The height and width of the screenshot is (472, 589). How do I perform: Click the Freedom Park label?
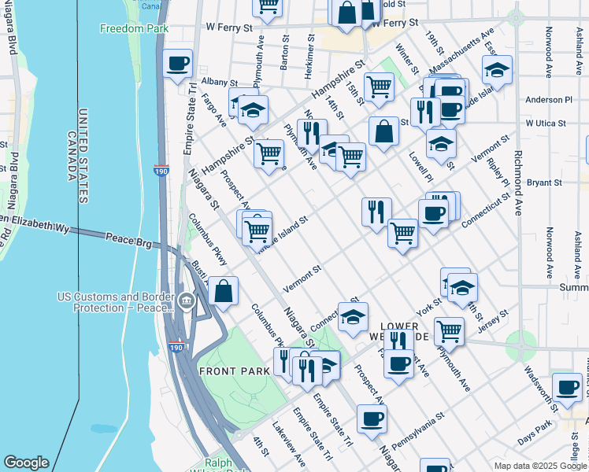tap(124, 29)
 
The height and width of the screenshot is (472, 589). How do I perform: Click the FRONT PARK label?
tap(229, 371)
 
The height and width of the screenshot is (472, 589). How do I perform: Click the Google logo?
tap(26, 463)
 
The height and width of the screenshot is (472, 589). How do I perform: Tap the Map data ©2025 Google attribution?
tap(539, 466)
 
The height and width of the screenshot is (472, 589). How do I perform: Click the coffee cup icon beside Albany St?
tap(178, 62)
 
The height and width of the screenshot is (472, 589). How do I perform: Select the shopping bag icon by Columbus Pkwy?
tap(224, 290)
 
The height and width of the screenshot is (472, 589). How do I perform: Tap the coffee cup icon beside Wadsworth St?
tap(567, 386)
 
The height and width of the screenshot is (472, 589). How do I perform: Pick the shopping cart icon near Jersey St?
tap(449, 330)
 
